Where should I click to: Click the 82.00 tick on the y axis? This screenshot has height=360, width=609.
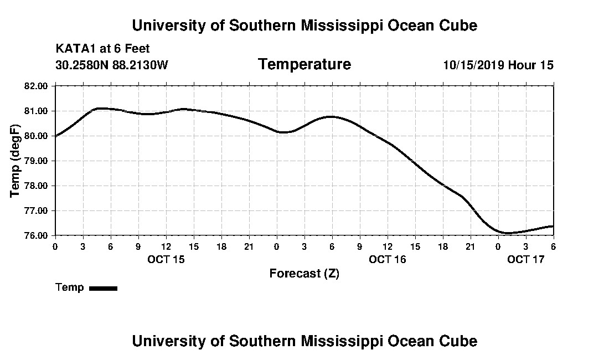[x=37, y=86]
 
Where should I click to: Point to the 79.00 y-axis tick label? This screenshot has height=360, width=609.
[x=37, y=161]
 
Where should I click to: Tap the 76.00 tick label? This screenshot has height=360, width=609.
[x=37, y=235]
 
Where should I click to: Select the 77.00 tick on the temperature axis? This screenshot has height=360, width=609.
[x=37, y=210]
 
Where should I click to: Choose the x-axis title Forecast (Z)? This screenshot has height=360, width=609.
[x=304, y=273]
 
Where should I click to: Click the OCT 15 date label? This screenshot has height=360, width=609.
[x=166, y=259]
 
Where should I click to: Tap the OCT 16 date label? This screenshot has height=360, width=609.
[x=388, y=259]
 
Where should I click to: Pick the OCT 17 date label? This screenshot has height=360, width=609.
[x=526, y=259]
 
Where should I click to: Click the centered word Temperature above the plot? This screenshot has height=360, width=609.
[x=304, y=64]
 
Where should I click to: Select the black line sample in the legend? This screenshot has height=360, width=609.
[x=104, y=288]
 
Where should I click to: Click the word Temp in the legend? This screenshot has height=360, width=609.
[x=70, y=287]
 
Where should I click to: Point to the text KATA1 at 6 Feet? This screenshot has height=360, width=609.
[x=103, y=49]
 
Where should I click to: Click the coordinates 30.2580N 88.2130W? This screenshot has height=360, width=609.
[x=111, y=65]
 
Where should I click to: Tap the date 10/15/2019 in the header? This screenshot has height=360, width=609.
[x=473, y=65]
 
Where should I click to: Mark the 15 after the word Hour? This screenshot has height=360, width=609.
[x=546, y=65]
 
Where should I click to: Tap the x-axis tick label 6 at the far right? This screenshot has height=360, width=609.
[x=553, y=246]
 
